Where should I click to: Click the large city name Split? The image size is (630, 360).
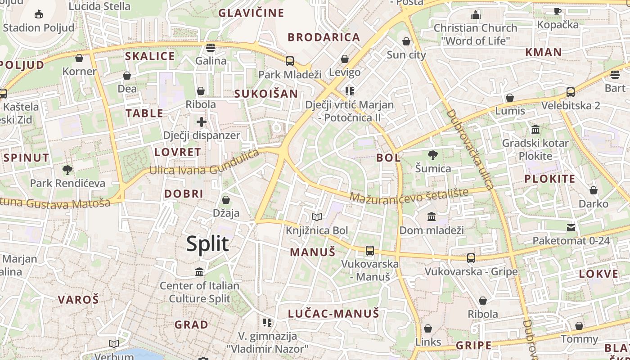[x=207, y=243]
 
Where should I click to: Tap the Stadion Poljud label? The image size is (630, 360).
[x=39, y=27]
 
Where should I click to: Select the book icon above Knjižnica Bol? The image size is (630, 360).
[x=317, y=217]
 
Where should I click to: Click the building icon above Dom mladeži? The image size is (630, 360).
[x=432, y=217]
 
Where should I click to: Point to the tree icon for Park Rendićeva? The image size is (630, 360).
[x=67, y=170]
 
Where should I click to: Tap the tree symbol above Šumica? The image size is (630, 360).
[x=432, y=155]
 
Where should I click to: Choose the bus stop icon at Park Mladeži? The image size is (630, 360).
[x=290, y=61]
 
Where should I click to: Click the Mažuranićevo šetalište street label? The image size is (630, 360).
[x=409, y=196]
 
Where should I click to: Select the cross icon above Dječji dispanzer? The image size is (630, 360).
[x=202, y=121]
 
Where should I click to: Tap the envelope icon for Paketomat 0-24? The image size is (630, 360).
[x=571, y=227]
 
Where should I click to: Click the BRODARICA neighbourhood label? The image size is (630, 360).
[x=324, y=37]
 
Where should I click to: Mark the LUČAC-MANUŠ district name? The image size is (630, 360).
[x=333, y=314]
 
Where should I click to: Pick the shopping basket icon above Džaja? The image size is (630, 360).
[x=226, y=199]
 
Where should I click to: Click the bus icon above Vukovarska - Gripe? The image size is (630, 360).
[x=471, y=258]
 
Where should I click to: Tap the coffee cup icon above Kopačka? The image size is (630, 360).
[x=558, y=11]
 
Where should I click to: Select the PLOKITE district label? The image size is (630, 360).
[x=550, y=179]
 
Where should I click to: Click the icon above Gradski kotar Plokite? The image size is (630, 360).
[x=535, y=130]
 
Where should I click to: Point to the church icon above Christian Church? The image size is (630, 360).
[x=476, y=15]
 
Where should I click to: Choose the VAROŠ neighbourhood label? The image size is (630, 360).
[x=78, y=300]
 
